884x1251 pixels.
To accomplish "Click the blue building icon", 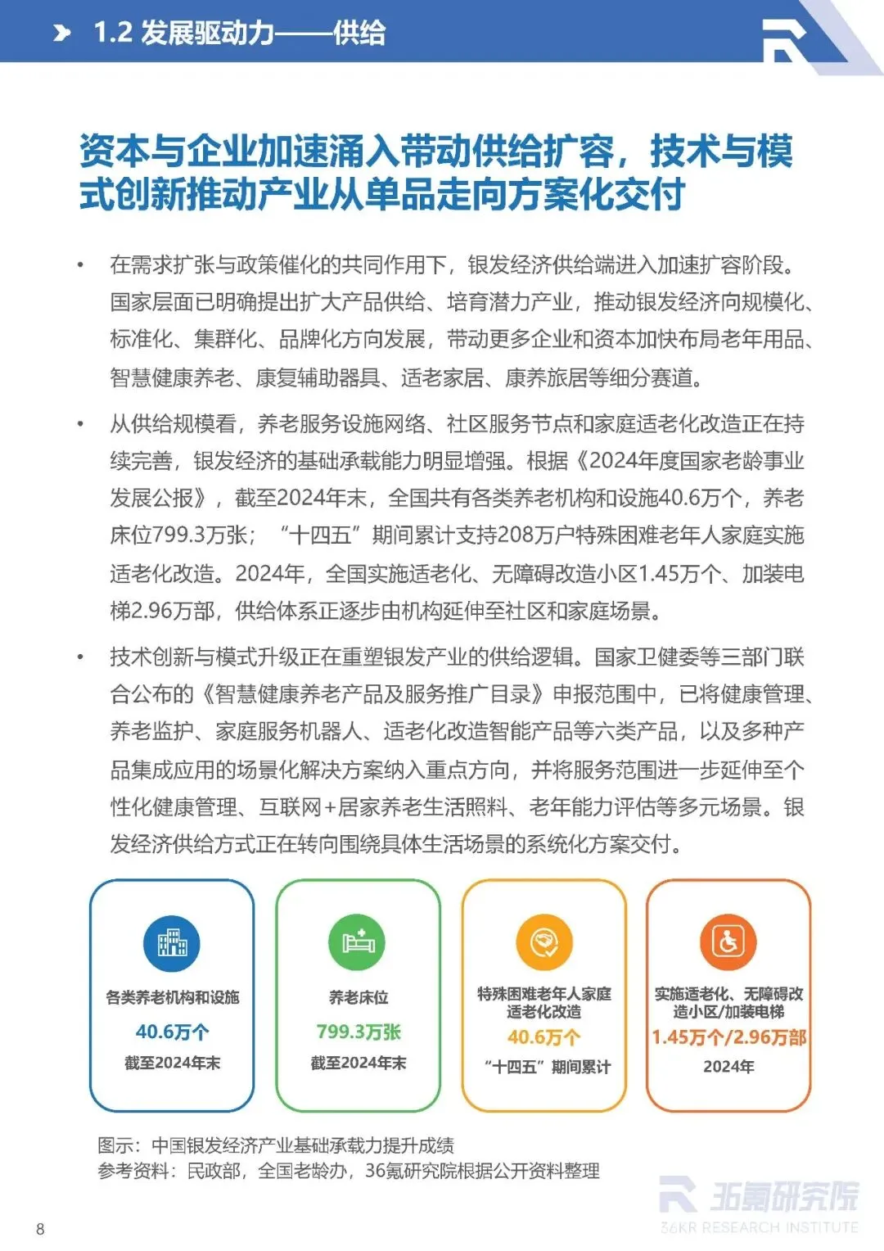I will pos(172,942).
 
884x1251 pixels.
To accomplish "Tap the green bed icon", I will pos(358,942).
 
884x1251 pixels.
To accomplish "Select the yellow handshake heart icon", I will pos(543,942).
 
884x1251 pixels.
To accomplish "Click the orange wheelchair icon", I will pos(728,942).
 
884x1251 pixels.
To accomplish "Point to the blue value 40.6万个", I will pos(172,1032).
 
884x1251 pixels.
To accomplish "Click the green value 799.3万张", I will pos(358,1032).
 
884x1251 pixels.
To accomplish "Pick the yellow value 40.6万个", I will pos(543,1037).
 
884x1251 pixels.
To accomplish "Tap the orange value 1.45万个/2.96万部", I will pos(728,1037).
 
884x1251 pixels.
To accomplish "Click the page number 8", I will pos(40,1228).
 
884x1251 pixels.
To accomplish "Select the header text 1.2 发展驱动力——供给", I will pos(239,33).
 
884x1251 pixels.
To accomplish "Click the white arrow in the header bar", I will pos(62,33).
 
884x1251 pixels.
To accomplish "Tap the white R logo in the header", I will pos(783,39).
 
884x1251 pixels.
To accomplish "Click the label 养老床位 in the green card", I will pos(358,997).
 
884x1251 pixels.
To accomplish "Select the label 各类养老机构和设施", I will pos(172,997).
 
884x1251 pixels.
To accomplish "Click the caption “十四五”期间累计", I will pos(547,1067).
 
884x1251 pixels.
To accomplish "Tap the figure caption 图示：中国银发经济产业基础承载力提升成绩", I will pos(276,1145).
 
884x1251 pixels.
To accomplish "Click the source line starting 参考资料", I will pos(348,1171).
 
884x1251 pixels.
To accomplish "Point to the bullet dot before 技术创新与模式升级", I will pos(80,657).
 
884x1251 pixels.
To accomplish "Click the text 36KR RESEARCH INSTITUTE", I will pos(760,1227).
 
